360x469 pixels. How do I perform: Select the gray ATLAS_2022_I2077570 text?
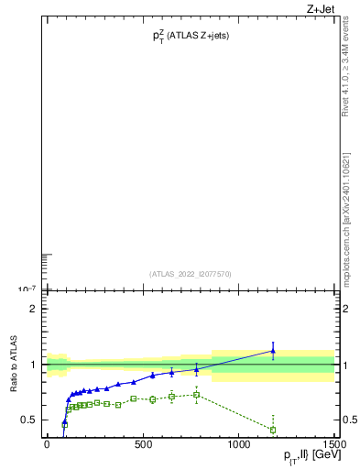[x=191, y=273]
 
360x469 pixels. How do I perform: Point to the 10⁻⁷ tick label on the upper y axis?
[x=27, y=289]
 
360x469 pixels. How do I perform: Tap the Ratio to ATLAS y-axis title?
[x=14, y=365]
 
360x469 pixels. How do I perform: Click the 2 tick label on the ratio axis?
[x=32, y=309]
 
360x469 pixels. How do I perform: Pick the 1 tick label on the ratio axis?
[x=32, y=365]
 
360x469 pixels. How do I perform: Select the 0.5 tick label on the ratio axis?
[x=27, y=420]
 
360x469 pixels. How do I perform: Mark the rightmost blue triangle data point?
[x=273, y=351]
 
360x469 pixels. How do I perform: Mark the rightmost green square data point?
[x=273, y=430]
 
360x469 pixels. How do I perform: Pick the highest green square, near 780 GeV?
[x=196, y=395]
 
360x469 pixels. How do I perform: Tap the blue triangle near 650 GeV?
[x=171, y=372]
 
